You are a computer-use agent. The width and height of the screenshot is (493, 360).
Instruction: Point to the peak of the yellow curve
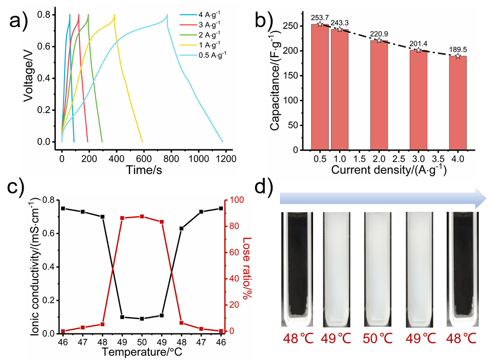(114, 15)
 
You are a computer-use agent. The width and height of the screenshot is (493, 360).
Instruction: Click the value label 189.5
(458, 50)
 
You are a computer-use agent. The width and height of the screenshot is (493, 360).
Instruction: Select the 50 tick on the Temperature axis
(142, 342)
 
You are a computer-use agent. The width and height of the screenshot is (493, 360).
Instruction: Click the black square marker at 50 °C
(142, 319)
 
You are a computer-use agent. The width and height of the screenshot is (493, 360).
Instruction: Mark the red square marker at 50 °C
(142, 216)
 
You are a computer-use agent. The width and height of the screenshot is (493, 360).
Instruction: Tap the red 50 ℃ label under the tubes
(379, 339)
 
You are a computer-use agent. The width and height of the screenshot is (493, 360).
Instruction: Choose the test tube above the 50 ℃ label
(379, 269)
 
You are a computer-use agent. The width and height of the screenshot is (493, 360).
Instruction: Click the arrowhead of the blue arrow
(481, 198)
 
